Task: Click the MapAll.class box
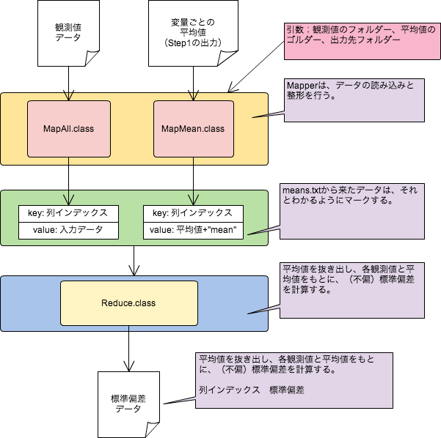68,129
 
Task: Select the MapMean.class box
192,129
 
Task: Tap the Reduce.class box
128,302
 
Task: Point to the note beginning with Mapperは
354,100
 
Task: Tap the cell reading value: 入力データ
68,230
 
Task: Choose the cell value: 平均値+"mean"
193,230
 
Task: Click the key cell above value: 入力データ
68,213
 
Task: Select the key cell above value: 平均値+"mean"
193,213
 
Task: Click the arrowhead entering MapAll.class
68,96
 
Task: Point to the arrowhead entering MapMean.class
192,96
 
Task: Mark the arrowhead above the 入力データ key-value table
68,199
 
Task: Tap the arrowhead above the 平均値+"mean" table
192,199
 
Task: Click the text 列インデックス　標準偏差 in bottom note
251,390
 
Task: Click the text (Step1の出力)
192,43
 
